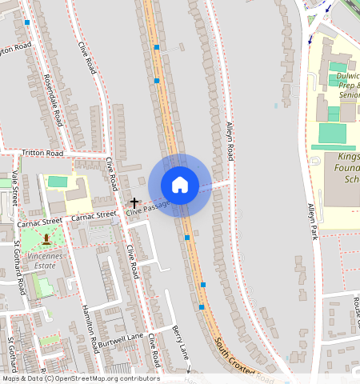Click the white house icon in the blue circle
(x=180, y=185)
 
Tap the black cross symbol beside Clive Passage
(x=134, y=205)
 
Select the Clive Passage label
(x=148, y=210)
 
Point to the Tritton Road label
(x=42, y=153)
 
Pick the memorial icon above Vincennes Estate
(x=46, y=238)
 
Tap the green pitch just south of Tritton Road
(x=58, y=182)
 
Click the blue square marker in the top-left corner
(x=28, y=23)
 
